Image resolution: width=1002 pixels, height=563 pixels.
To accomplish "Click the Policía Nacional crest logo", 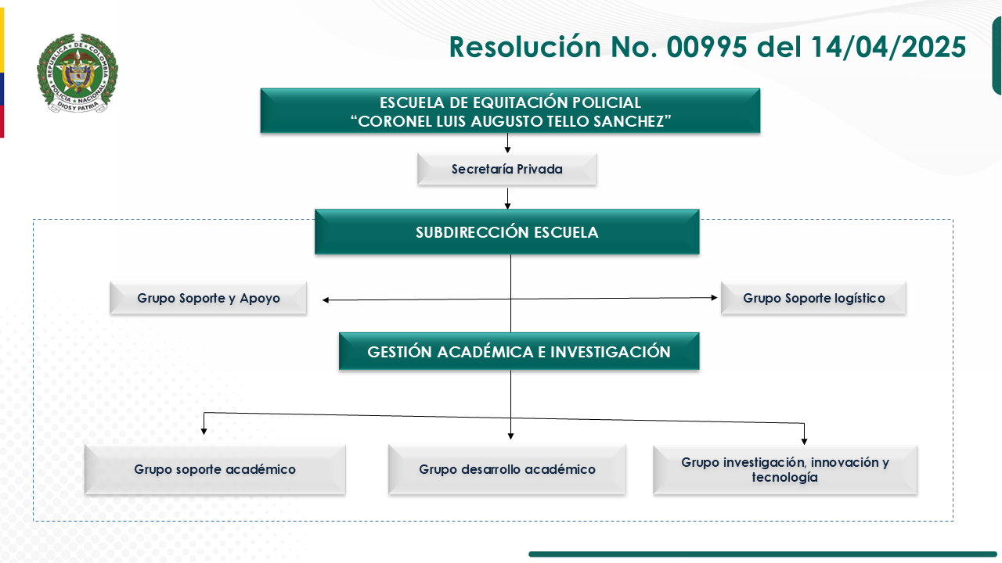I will (x=77, y=74).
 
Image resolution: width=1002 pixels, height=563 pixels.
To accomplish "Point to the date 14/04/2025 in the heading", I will (x=888, y=47).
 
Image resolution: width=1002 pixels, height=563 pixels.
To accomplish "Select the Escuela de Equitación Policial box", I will (x=510, y=111).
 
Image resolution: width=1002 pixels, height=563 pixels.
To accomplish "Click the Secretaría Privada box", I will (x=506, y=169).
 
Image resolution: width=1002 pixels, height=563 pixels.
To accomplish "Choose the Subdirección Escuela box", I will (x=506, y=232).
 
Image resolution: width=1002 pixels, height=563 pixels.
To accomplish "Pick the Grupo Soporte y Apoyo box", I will (x=208, y=298).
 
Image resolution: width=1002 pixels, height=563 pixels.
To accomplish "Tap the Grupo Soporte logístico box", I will (x=813, y=298).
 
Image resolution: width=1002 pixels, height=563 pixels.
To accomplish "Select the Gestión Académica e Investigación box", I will (x=518, y=352).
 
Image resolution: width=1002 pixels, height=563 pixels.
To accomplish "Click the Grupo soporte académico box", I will (x=214, y=470).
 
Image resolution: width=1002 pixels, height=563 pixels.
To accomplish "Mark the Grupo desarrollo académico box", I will (x=506, y=470).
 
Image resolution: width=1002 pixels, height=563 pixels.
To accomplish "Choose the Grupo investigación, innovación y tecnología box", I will (x=785, y=470).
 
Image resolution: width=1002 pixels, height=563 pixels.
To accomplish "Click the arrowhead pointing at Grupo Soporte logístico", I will (x=714, y=298).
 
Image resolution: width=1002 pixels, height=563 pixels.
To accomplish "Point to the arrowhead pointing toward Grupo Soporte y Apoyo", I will (x=326, y=300).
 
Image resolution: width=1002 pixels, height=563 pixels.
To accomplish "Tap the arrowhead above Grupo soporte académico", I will (x=204, y=430).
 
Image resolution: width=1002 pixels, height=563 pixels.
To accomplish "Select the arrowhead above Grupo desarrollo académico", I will (x=510, y=436).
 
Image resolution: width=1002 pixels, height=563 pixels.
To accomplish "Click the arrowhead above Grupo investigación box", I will (x=804, y=441).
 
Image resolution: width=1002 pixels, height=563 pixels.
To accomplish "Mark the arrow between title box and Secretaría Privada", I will (x=507, y=144).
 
